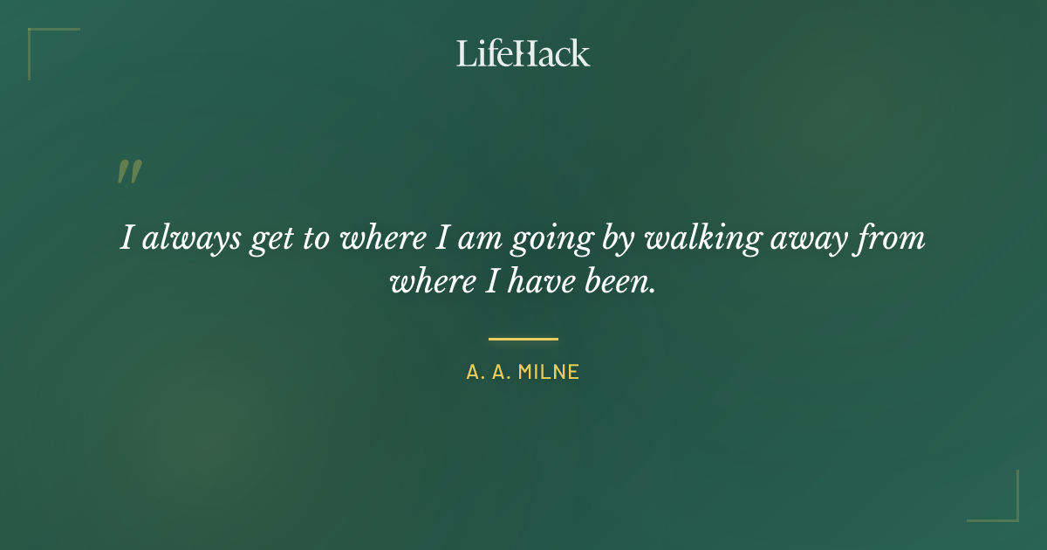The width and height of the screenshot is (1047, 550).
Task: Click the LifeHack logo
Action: coord(523,53)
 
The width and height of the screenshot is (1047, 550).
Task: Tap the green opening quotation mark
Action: coord(129,172)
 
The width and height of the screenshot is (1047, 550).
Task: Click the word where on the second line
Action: coord(426,282)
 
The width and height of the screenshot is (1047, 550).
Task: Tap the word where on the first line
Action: coord(379,238)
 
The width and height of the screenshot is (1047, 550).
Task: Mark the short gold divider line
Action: coord(523,339)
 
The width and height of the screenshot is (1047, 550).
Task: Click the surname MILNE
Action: coord(549,373)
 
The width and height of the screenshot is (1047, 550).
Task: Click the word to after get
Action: coord(311,239)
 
